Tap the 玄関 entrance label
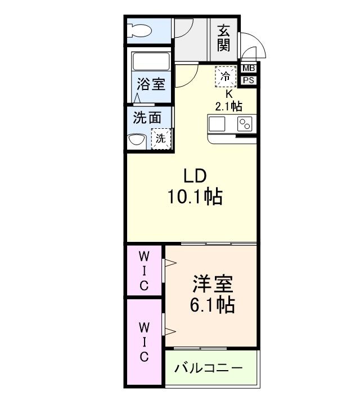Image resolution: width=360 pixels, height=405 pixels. [x=224, y=38]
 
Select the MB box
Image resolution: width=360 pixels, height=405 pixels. [x=249, y=69]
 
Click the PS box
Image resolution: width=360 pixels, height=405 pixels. [x=249, y=80]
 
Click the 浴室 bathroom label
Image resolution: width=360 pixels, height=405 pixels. [x=151, y=85]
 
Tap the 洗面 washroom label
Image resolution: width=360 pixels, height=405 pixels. [x=147, y=118]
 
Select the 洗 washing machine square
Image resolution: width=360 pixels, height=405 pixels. [x=161, y=139]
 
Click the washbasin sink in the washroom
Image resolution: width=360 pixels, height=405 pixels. [x=136, y=141]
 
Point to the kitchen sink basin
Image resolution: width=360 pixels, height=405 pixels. [x=218, y=124]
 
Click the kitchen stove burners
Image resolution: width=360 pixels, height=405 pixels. [x=246, y=124]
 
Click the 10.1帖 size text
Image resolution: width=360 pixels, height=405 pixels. [x=193, y=197]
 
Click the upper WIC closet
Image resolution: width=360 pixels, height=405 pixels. [x=144, y=271]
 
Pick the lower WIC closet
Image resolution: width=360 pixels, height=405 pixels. [x=144, y=341]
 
